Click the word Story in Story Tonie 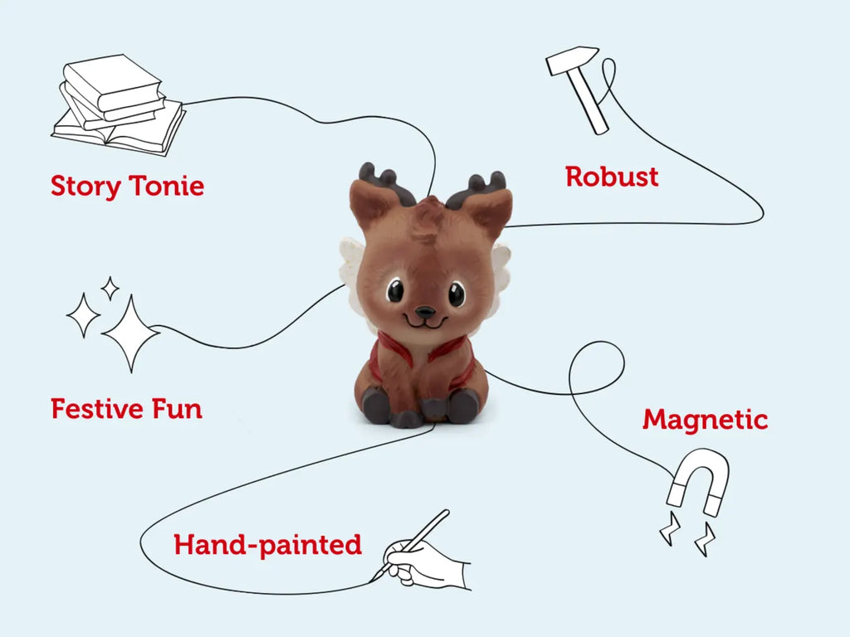coord(84,186)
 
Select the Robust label coord(612,177)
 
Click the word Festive coord(93,409)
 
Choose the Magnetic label coord(705,420)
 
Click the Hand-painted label coord(267,545)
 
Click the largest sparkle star coord(129,333)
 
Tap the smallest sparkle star coord(109,288)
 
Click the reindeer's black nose coord(425,313)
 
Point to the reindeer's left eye coord(396,290)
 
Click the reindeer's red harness coord(425,353)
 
